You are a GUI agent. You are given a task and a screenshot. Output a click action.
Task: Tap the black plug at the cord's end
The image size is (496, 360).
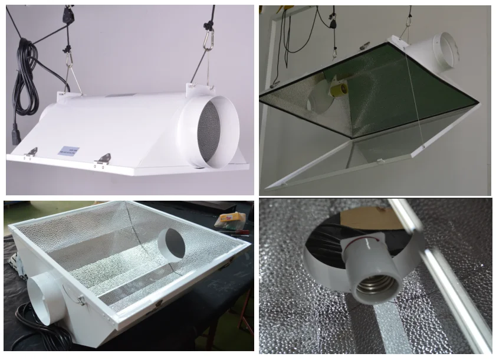16,135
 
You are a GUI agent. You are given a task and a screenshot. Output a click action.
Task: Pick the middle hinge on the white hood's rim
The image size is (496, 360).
104,158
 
